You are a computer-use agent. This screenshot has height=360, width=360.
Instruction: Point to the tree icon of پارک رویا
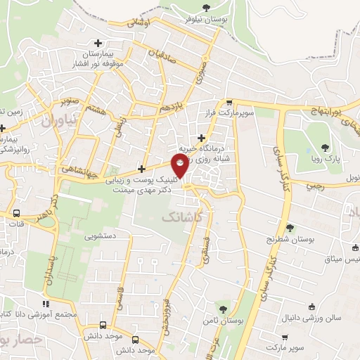pyautogui.click(x=324, y=148)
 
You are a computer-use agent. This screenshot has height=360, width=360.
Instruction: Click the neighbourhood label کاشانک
pyautogui.click(x=182, y=219)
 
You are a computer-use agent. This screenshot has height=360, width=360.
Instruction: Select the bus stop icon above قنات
pyautogui.click(x=16, y=213)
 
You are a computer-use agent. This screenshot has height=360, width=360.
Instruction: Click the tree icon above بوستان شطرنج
pyautogui.click(x=290, y=227)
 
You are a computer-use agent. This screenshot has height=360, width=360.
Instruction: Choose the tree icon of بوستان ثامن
pyautogui.click(x=222, y=309)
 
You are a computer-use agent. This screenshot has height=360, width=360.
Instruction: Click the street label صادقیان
pyautogui.click(x=162, y=56)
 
